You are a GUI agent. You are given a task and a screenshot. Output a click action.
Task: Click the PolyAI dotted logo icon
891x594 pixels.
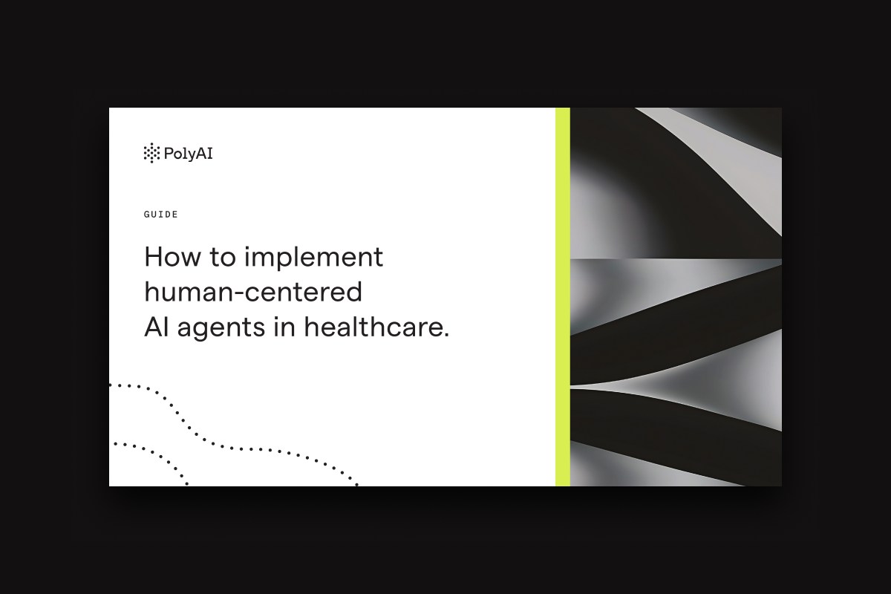coord(151,153)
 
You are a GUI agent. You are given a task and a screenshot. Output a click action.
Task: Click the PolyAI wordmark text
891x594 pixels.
coord(188,154)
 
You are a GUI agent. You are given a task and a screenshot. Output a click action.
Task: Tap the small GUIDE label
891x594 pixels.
coord(160,215)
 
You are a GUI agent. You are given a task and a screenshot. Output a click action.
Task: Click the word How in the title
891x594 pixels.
coord(172,257)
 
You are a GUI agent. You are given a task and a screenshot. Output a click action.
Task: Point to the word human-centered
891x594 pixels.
coord(253,292)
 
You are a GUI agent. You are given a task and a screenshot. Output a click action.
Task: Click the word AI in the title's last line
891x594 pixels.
coord(157,327)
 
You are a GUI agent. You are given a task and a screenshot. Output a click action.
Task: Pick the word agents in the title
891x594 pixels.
coord(221,329)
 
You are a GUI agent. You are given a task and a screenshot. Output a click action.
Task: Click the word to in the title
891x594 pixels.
coord(223,258)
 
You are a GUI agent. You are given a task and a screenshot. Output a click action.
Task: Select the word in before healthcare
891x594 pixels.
coord(284,327)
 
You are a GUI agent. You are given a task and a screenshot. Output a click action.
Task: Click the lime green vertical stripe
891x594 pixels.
coord(563,297)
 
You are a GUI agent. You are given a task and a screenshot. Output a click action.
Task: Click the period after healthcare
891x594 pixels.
coord(446,335)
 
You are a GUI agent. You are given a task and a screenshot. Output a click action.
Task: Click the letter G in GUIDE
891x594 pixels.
coord(146,215)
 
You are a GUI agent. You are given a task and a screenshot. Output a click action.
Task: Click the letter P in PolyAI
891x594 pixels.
coord(169,153)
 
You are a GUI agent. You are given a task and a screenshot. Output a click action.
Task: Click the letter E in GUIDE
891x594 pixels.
coord(175,215)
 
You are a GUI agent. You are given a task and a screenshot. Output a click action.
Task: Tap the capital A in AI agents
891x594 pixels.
coord(154,327)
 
